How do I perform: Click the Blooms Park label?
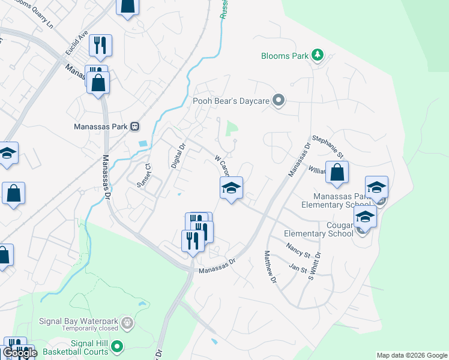[285, 56]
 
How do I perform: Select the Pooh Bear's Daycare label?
[231, 101]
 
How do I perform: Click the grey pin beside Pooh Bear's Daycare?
[278, 101]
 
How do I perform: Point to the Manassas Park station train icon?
[136, 127]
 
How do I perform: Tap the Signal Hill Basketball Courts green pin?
[118, 346]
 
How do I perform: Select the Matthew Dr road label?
[270, 267]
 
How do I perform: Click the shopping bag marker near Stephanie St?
[337, 172]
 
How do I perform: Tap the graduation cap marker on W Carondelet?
[231, 188]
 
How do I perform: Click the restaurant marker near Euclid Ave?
[99, 44]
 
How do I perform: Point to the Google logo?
[19, 353]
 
